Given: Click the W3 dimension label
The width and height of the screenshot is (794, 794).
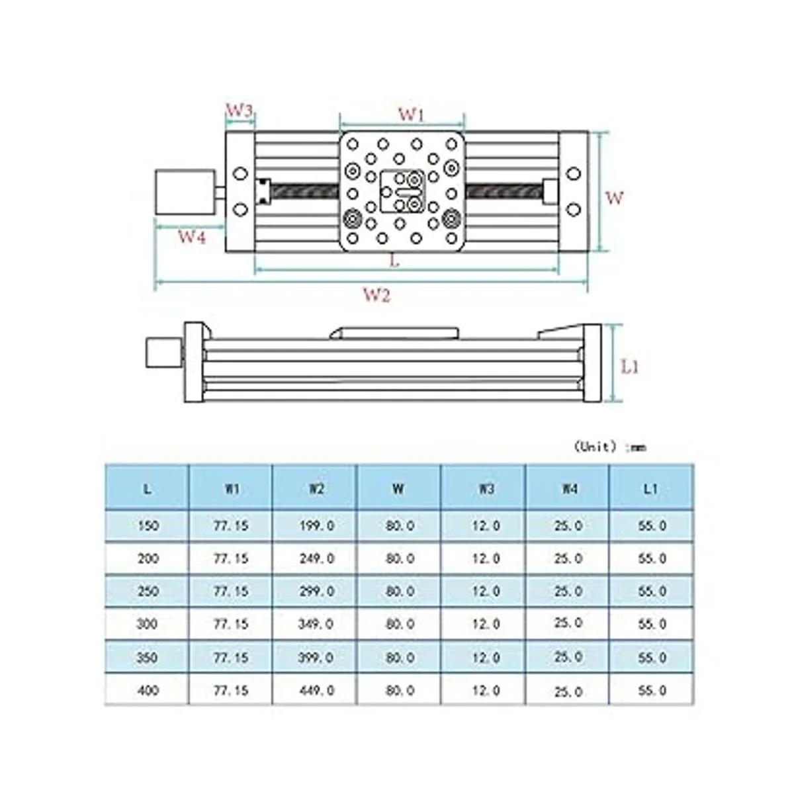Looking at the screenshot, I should (x=240, y=110).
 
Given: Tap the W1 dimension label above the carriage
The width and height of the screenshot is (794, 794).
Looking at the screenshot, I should (x=410, y=114).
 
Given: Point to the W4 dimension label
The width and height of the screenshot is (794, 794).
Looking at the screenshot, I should (x=191, y=237).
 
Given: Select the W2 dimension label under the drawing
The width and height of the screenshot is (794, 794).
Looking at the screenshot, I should (x=376, y=295).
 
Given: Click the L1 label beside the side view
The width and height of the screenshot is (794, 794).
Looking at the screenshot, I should (x=631, y=366).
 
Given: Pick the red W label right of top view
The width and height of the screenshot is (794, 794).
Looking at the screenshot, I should (x=615, y=197).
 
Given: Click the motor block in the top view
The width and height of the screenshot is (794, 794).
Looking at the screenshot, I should (x=185, y=192).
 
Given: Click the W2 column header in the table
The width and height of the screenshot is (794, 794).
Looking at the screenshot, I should (x=316, y=489).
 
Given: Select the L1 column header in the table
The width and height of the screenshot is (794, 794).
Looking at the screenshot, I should (x=651, y=489).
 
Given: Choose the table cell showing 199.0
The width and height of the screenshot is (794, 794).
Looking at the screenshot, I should (x=316, y=526).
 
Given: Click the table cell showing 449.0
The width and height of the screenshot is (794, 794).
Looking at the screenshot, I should (x=316, y=690).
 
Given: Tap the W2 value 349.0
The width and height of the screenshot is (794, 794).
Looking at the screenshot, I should (x=316, y=624).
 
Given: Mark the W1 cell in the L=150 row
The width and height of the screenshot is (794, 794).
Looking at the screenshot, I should (x=231, y=526).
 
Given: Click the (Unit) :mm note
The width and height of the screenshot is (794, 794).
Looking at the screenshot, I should (x=609, y=447).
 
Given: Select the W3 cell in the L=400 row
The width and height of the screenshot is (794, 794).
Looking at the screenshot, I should (x=485, y=690).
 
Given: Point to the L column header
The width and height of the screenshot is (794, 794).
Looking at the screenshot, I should (x=147, y=489).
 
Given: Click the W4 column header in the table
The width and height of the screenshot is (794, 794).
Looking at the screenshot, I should (x=568, y=489).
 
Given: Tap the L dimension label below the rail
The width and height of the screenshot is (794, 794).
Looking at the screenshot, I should (x=394, y=260).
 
